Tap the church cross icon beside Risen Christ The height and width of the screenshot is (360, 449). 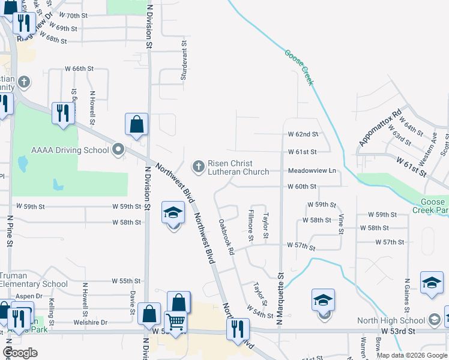198,165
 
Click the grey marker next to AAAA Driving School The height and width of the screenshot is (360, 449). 118,149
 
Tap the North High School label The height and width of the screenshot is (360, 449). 391,320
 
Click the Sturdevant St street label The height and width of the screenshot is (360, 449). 185,60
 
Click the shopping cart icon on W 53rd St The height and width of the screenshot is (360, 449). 176,322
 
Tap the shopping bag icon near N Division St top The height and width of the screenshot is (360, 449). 137,124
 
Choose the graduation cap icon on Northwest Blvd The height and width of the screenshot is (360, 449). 173,214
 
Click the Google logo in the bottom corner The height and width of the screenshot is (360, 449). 20,353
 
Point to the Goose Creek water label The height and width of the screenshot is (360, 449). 300,67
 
